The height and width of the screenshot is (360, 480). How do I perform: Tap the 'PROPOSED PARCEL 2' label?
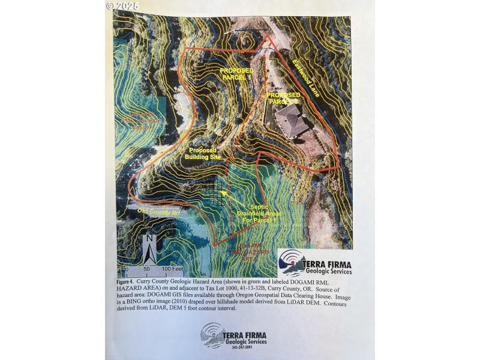(283, 98)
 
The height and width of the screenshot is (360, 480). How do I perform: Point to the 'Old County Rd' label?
(142, 211)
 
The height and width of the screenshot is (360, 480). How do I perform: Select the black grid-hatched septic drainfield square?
(212, 191)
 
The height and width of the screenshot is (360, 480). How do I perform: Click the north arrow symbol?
(150, 247)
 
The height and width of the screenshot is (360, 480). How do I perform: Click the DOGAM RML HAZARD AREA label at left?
(142, 120)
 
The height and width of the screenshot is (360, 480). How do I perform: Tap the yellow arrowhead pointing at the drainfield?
(224, 194)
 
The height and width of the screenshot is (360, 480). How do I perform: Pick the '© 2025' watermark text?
(122, 5)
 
